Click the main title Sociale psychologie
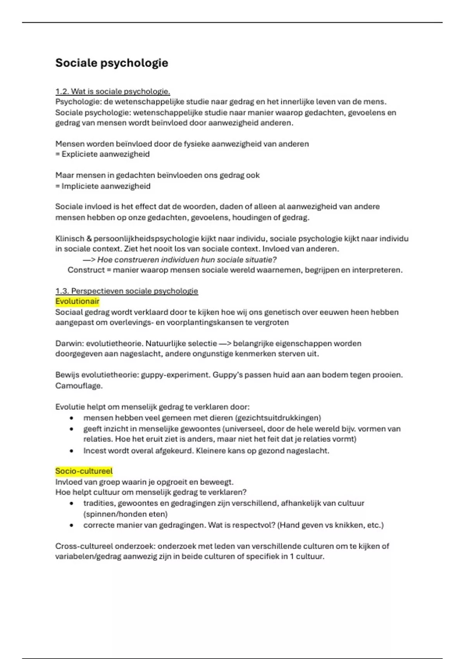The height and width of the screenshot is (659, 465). point(112,63)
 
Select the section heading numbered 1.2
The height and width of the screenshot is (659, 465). point(112,91)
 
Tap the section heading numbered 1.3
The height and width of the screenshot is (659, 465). point(126,291)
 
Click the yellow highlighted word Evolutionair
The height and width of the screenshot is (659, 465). point(77,302)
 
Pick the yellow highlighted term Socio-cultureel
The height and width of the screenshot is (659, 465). point(84,471)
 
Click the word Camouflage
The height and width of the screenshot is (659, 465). point(79,386)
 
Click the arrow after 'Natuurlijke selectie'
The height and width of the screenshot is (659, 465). point(225,343)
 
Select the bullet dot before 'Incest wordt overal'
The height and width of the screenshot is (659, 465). point(71,451)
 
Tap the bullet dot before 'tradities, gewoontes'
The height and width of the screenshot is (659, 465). point(71,504)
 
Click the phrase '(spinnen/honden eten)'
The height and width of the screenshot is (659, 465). point(125,514)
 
